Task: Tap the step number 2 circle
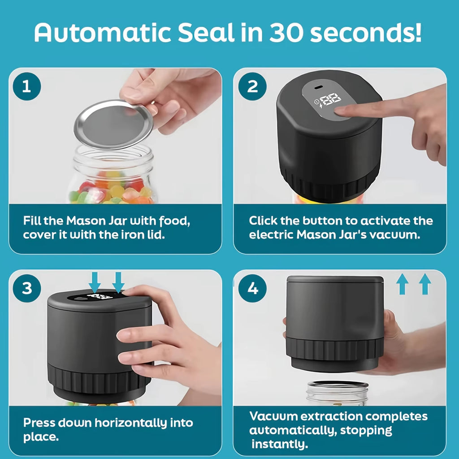click(253, 86)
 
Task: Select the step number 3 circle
click(27, 288)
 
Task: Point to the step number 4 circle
click(253, 288)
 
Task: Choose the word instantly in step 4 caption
click(280, 444)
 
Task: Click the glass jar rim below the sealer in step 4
click(338, 385)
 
